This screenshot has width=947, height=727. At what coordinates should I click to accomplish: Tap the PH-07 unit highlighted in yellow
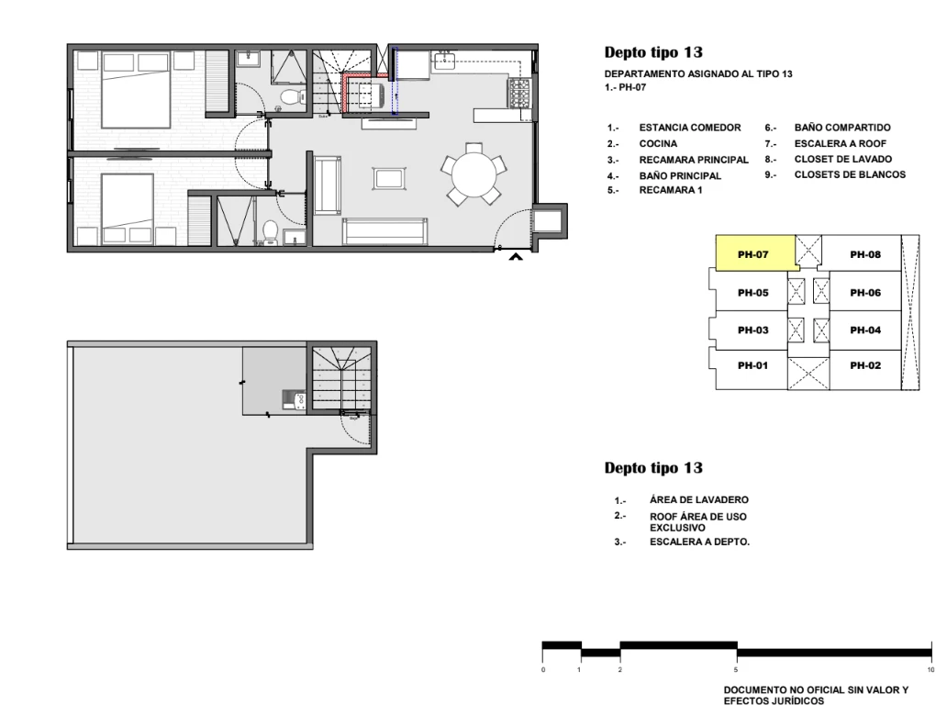coord(755,252)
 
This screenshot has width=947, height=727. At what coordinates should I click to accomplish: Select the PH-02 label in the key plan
coord(865,365)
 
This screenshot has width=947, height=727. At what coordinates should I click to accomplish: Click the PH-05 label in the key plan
coord(753,293)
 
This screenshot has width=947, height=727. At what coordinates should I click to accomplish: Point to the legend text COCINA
coord(658,144)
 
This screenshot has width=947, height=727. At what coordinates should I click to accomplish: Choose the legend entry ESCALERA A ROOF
coord(841,144)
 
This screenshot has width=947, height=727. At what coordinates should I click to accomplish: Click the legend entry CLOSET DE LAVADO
coord(843,159)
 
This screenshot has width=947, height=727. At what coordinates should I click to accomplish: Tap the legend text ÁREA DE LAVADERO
coord(698,499)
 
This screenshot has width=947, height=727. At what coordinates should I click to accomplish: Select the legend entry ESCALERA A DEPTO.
coord(699,542)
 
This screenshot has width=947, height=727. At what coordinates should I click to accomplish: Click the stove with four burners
coord(519,94)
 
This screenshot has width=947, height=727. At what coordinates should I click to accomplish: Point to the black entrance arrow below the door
coord(516,257)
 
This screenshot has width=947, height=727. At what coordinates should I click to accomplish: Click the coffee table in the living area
coord(389,178)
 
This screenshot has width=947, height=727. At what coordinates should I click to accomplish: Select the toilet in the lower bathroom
coord(270,232)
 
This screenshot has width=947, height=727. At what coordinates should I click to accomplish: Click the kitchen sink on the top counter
coord(445,61)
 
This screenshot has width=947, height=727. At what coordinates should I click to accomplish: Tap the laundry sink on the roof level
coord(295,399)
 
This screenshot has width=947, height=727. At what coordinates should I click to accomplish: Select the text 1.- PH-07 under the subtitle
coord(625,87)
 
